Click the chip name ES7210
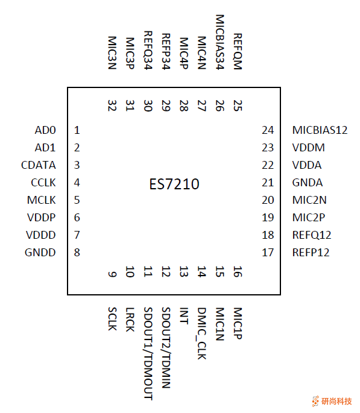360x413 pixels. pyautogui.click(x=174, y=183)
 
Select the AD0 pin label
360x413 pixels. pyautogui.click(x=45, y=130)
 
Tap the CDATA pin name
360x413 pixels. pyautogui.click(x=38, y=165)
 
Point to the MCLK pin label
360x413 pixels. pyautogui.click(x=42, y=200)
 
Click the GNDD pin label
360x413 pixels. pyautogui.click(x=41, y=253)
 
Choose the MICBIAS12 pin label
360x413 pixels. pyautogui.click(x=320, y=130)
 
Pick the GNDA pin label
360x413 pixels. pyautogui.click(x=307, y=183)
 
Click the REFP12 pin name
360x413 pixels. pyautogui.click(x=311, y=253)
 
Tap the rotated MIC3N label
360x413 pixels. pyautogui.click(x=112, y=53)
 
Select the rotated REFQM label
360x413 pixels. pyautogui.click(x=237, y=52)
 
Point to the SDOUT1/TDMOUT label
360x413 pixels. pyautogui.click(x=148, y=353)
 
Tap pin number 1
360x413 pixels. pyautogui.click(x=77, y=130)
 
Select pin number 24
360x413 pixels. pyautogui.click(x=268, y=130)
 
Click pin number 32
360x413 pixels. pyautogui.click(x=112, y=106)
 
